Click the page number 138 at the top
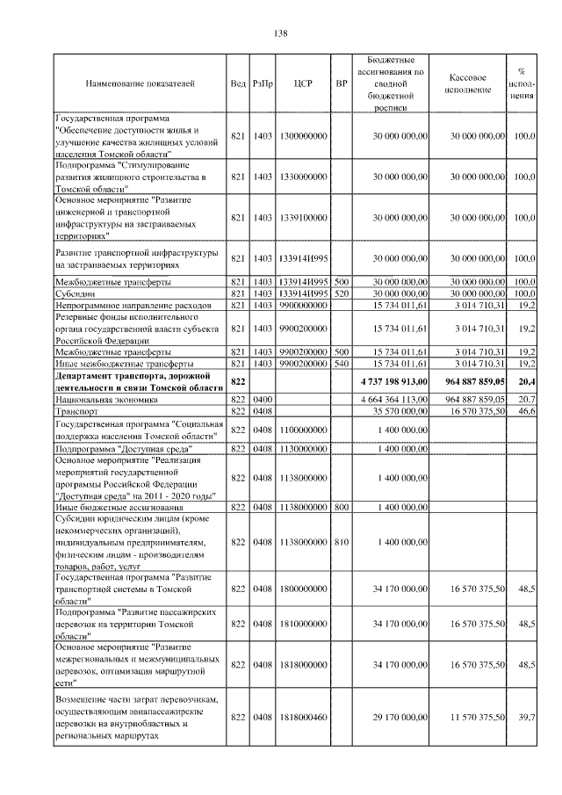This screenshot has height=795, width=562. point(281,33)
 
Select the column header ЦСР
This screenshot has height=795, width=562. point(303,84)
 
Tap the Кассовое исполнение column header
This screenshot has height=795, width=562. point(473,84)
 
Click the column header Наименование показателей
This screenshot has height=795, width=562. point(140,84)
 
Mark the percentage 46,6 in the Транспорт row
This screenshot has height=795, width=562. point(525,410)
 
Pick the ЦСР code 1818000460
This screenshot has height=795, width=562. point(303,718)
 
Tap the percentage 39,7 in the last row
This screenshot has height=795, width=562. point(527,718)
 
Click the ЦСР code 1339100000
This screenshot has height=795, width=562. point(303,217)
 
